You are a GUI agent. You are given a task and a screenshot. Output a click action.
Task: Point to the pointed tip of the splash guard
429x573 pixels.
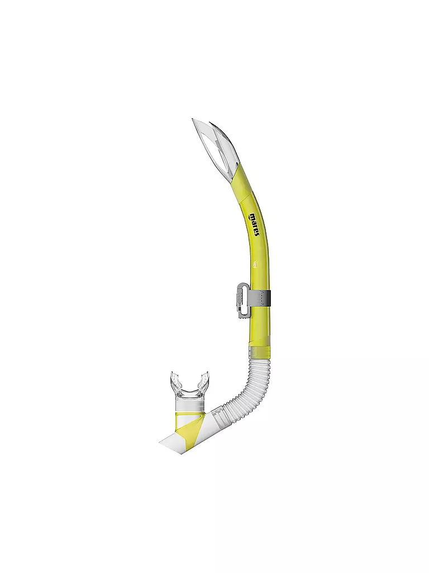pyautogui.click(x=193, y=120)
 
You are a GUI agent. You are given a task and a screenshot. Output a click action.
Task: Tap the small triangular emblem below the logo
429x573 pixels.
pyautogui.click(x=255, y=264)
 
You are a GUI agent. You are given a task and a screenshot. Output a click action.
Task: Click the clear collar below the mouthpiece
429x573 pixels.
pyautogui.click(x=189, y=404)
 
